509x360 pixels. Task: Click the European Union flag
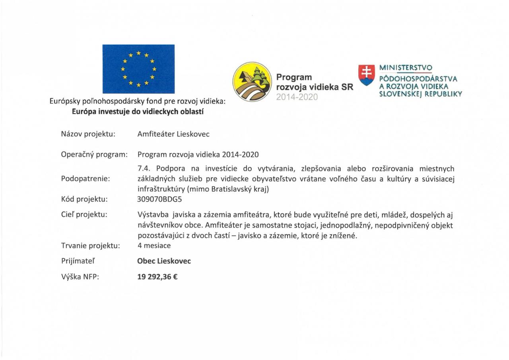(138, 69)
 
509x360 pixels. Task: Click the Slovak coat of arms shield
(366, 75)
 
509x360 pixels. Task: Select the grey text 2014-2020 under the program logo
(297, 96)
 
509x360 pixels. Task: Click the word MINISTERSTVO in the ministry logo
(406, 68)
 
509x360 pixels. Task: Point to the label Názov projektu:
(88, 134)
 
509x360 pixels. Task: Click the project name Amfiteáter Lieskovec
(173, 134)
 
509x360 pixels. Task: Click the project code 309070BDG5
(159, 199)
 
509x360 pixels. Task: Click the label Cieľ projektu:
(84, 215)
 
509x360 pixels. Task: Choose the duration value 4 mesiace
(154, 245)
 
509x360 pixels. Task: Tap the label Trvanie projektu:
(90, 246)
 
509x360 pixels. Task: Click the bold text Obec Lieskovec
(164, 261)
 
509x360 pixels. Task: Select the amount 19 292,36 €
(157, 276)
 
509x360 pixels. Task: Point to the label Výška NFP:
(80, 277)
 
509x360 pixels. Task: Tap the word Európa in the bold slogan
(84, 112)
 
